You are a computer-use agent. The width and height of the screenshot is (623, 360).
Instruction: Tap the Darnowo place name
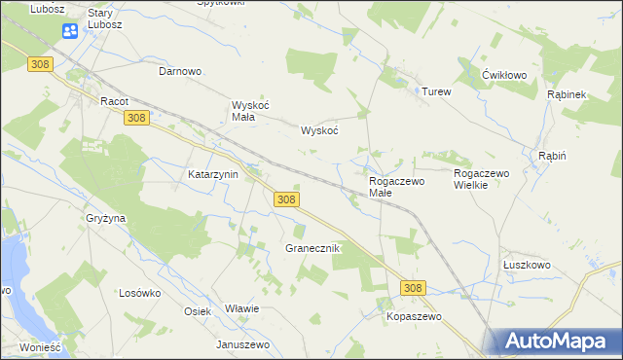pos(180,71)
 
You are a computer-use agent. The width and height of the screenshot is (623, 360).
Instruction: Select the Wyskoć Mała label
pos(242,111)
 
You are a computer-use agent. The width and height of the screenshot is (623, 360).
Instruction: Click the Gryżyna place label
pos(105,219)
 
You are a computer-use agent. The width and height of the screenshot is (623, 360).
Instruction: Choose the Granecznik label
pos(311,248)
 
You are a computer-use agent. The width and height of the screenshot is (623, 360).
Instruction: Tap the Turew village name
pos(436,91)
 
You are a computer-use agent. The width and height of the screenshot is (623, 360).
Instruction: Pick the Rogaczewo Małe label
pos(396,187)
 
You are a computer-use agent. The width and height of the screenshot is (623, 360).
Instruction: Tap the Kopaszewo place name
pos(414,317)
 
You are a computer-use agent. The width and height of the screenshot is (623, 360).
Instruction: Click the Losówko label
pos(139,293)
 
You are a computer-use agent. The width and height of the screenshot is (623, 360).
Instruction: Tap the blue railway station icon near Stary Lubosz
pos(70,32)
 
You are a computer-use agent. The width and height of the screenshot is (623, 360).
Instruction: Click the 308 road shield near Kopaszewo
pos(413,288)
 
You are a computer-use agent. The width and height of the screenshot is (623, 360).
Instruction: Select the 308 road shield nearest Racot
pos(136,118)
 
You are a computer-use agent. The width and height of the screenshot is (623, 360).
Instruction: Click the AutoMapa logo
pos(559,341)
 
